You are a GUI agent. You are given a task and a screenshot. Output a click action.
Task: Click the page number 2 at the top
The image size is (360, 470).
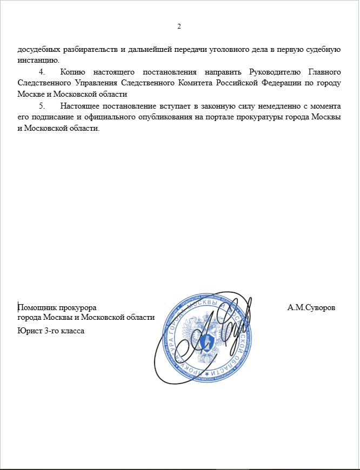point(179,26)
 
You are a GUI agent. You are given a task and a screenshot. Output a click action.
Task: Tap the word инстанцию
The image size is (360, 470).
point(38,59)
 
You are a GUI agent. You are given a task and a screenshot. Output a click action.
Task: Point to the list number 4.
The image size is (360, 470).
point(42,72)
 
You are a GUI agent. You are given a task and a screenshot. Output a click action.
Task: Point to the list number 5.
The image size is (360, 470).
point(42,105)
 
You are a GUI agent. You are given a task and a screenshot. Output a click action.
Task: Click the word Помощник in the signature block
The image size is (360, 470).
point(37,307)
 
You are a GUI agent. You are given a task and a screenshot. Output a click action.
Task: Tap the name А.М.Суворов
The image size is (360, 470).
point(311,307)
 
